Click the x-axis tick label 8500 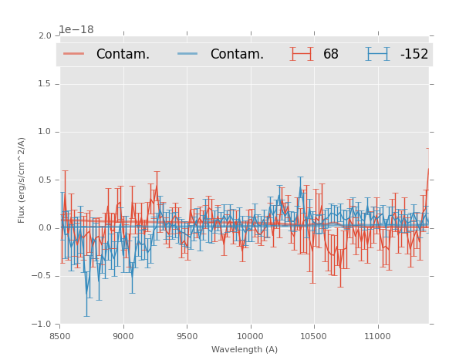[60, 336]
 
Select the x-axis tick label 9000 [123, 336]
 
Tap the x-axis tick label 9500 [187, 336]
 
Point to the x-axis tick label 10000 [250, 336]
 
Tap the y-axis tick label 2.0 [44, 36]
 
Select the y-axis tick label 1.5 [44, 84]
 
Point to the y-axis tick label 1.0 [44, 132]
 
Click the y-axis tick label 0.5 [44, 180]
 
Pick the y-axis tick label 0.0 [44, 228]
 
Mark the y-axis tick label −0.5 [42, 276]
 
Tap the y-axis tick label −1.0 [42, 324]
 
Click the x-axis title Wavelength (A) [245, 350]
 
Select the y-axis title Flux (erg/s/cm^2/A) [22, 180]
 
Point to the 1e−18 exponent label [76, 30]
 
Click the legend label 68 [331, 55]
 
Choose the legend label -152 [414, 55]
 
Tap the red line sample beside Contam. [74, 54]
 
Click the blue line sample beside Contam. [188, 54]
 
